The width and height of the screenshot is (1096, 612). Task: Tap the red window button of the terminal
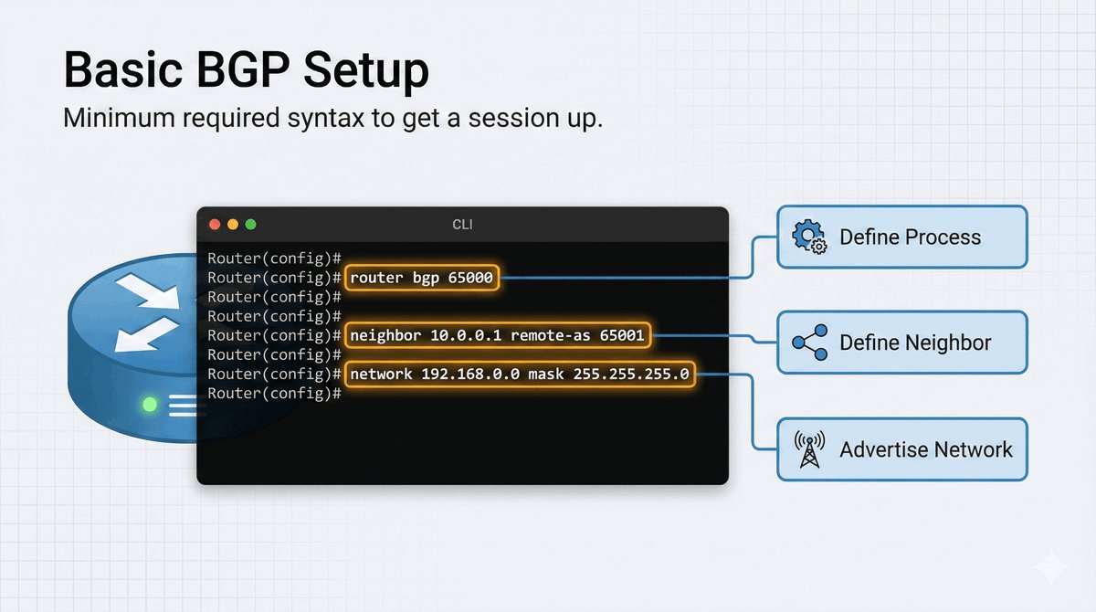(215, 225)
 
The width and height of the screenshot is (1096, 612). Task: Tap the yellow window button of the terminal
(233, 225)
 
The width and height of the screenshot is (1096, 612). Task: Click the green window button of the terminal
(250, 225)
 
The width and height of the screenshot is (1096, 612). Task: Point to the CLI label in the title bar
(463, 225)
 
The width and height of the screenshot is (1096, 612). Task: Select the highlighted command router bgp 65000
(422, 278)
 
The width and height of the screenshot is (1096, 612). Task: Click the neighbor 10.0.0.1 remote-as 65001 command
(497, 335)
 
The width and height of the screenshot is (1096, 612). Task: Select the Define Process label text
(910, 237)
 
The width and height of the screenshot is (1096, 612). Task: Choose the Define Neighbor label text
(915, 343)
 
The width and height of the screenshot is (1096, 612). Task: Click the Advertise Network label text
(926, 449)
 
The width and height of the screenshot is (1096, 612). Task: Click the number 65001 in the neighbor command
(622, 335)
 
